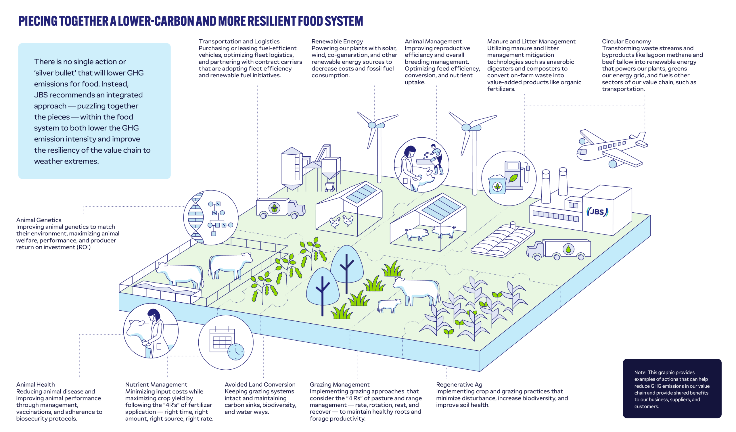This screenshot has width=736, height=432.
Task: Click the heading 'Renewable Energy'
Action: pyautogui.click(x=337, y=41)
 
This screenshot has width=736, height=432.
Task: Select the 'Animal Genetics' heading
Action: pyautogui.click(x=39, y=220)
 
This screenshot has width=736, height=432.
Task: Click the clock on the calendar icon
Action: pyautogui.click(x=236, y=352)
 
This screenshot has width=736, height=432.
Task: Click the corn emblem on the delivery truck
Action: pyautogui.click(x=274, y=208)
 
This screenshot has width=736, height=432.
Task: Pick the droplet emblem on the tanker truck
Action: pyautogui.click(x=568, y=249)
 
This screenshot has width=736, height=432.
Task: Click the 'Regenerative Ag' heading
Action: pyautogui.click(x=459, y=384)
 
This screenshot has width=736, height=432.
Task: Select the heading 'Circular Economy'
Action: pyautogui.click(x=626, y=41)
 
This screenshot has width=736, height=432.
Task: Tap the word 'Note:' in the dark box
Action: pyautogui.click(x=640, y=373)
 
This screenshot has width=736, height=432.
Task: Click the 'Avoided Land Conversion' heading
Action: pyautogui.click(x=260, y=384)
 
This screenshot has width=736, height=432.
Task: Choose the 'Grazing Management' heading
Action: pyautogui.click(x=339, y=384)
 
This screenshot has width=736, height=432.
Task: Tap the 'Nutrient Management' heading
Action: pyautogui.click(x=156, y=384)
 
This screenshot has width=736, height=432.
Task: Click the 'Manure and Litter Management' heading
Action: pyautogui.click(x=531, y=41)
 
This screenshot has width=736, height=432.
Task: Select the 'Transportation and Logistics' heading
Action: pyautogui.click(x=239, y=41)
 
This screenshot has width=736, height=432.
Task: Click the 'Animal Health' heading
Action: pyautogui.click(x=35, y=384)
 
